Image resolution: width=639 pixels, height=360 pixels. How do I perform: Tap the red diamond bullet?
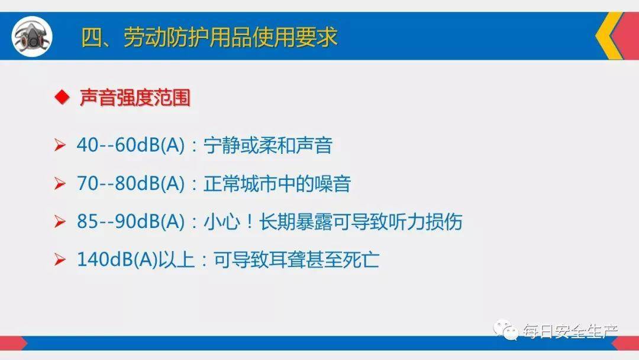(x=60, y=98)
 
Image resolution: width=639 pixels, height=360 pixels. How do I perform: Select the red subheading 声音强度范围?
(x=135, y=98)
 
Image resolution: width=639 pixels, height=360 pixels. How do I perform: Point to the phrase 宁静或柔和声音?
(x=267, y=145)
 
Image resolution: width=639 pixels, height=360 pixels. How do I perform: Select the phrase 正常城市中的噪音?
(x=277, y=184)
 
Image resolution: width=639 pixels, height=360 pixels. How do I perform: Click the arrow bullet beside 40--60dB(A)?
(x=60, y=146)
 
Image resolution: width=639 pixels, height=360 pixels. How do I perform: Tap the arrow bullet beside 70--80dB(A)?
(x=60, y=184)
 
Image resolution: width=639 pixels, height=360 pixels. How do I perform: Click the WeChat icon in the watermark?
(x=506, y=330)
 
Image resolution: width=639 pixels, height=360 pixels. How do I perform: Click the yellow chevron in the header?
(x=608, y=36)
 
